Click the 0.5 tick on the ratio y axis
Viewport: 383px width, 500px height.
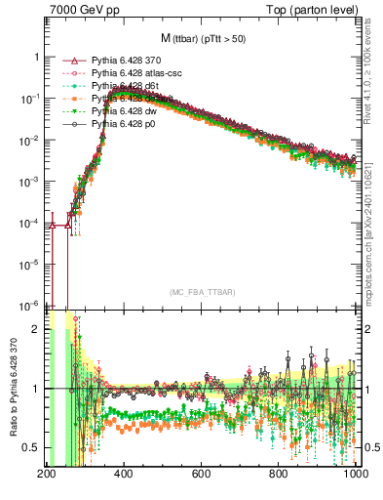[34, 447]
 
